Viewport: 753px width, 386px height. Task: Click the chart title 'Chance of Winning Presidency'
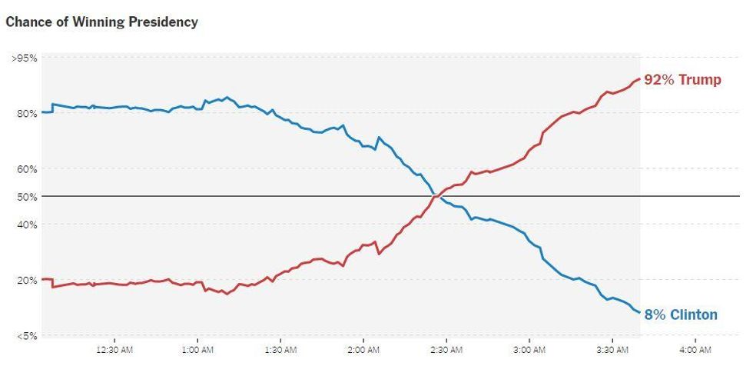pyautogui.click(x=101, y=22)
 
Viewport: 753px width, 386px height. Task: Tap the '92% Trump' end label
pyautogui.click(x=682, y=80)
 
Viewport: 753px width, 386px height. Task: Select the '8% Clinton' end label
pyautogui.click(x=681, y=314)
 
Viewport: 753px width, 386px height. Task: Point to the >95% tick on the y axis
pyautogui.click(x=25, y=58)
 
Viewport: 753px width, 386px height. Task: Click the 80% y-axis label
pyautogui.click(x=28, y=114)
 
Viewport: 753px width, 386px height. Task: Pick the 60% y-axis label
pyautogui.click(x=28, y=169)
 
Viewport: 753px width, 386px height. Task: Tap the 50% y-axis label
pyautogui.click(x=28, y=197)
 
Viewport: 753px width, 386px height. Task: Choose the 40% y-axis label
pyautogui.click(x=28, y=225)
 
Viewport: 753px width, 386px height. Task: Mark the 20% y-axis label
pyautogui.click(x=28, y=280)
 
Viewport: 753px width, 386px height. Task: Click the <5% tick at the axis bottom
pyautogui.click(x=26, y=335)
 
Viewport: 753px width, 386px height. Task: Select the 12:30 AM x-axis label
pyautogui.click(x=114, y=350)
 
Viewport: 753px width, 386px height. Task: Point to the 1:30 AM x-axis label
pyautogui.click(x=280, y=350)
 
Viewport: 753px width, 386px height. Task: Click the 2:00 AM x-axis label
pyautogui.click(x=363, y=350)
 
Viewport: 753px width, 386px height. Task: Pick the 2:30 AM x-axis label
pyautogui.click(x=446, y=350)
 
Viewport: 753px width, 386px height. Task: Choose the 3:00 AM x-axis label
pyautogui.click(x=529, y=350)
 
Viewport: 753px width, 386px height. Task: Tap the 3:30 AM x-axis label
pyautogui.click(x=612, y=350)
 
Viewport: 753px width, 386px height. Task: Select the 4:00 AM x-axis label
pyautogui.click(x=695, y=350)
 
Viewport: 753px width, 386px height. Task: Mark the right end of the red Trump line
pyautogui.click(x=639, y=78)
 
